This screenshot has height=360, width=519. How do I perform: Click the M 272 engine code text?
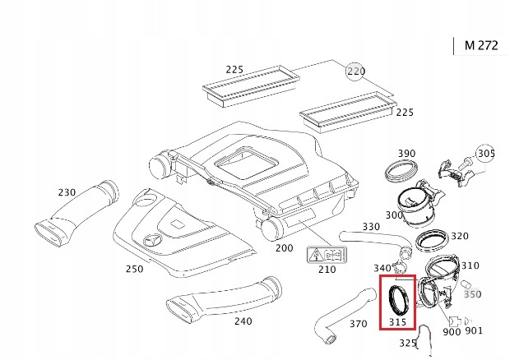pos(481,46)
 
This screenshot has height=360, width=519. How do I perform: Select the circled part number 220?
pos(354,72)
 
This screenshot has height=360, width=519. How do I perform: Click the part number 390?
pos(406,154)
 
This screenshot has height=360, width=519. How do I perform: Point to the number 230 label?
pos(67,192)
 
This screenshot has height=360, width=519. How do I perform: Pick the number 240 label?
pos(243,321)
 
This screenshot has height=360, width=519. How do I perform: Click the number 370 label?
pos(358,324)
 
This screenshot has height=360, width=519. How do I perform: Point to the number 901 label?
pos(474,331)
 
